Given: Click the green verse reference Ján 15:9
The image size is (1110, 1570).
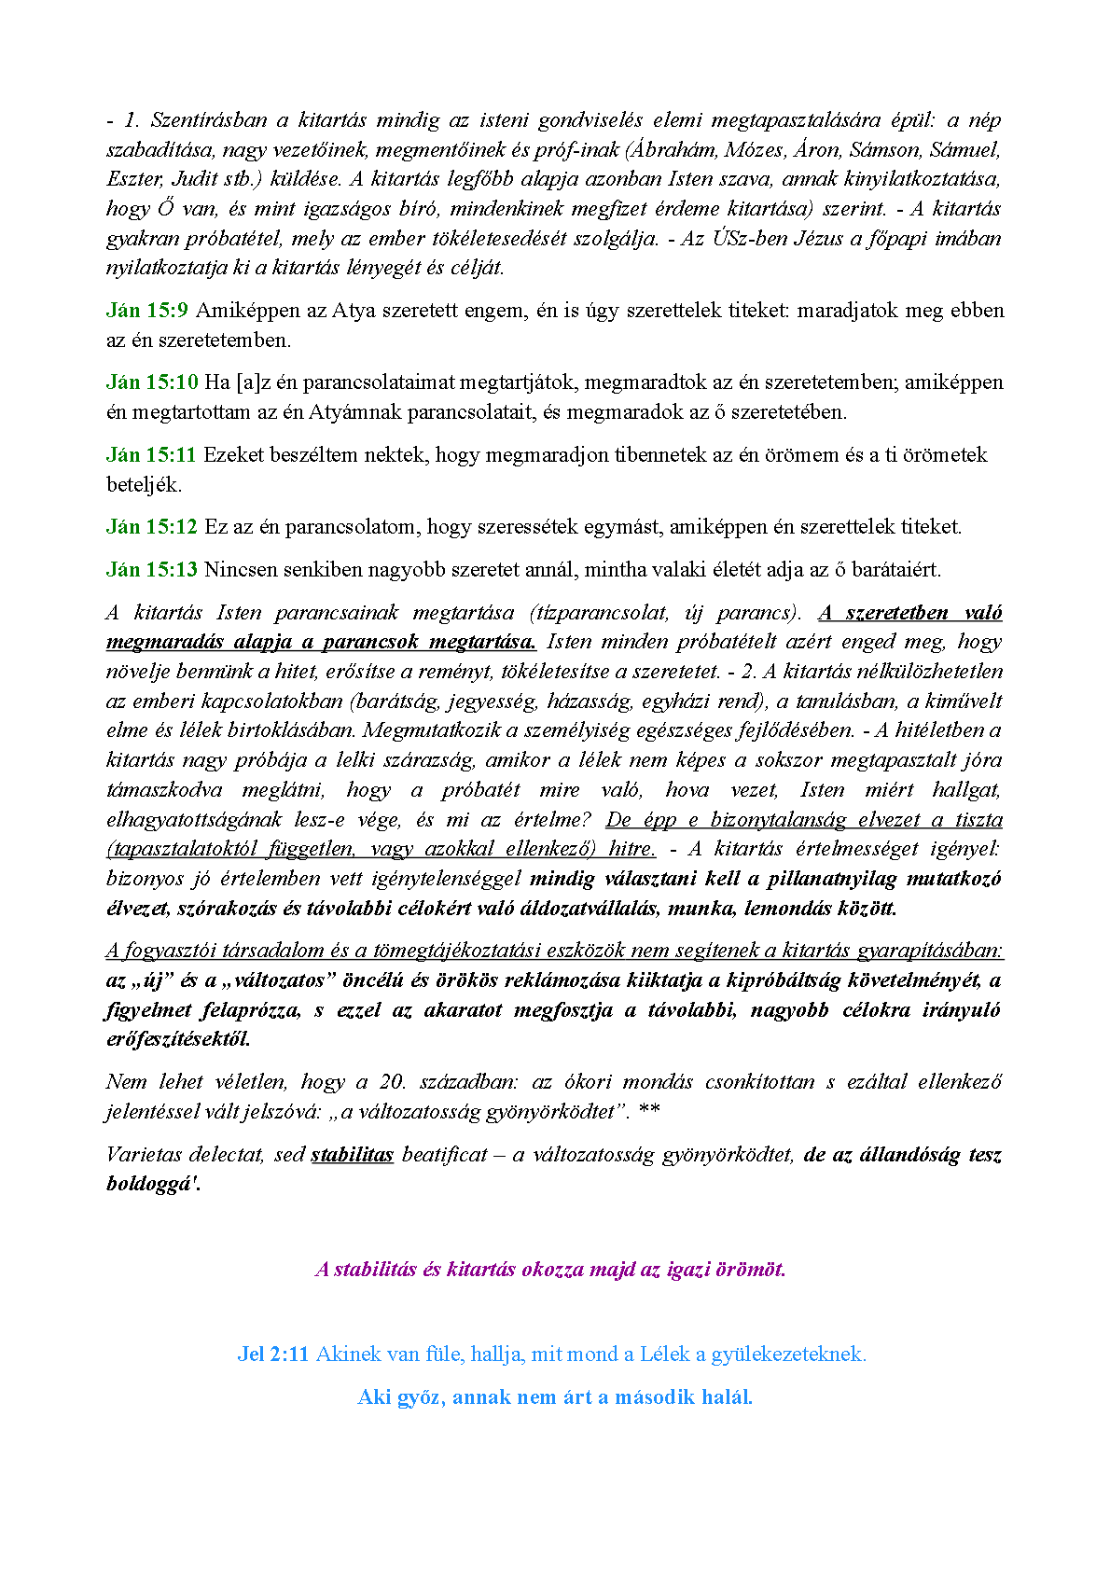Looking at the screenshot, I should coord(147,311).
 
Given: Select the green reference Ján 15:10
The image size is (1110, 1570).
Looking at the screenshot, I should coord(152,382).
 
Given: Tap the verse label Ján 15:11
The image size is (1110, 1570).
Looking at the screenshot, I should coord(151,455).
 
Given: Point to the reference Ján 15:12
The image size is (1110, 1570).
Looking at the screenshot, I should coord(152,527).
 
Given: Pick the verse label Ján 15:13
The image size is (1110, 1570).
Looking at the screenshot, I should coord(152,570).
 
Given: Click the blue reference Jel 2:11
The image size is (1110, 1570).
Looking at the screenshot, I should coord(272,1355).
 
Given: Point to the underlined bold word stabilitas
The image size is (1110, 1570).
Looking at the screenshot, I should coord(352,1155).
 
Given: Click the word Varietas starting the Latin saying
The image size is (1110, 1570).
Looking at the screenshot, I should coord(144,1155).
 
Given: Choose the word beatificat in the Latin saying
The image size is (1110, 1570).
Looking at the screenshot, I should coord(444,1155).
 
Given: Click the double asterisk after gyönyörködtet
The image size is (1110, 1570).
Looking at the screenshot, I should coord(650,1112).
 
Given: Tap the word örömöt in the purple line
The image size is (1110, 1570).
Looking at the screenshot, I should coord(750,1270).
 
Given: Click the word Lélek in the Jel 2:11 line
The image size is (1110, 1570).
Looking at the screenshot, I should coord(664,1355).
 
